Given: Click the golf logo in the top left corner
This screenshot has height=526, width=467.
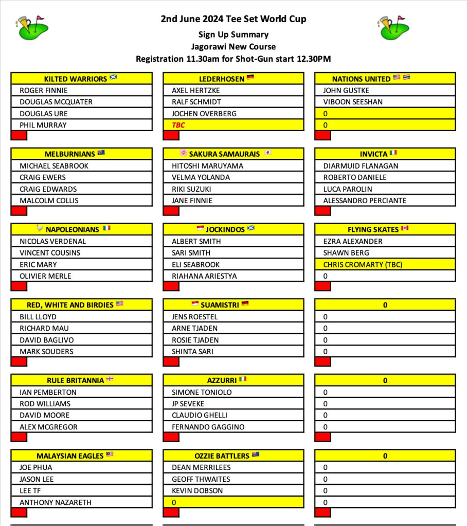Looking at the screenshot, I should pos(32,28).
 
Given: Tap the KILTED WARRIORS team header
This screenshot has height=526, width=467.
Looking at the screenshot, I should pos(81,79).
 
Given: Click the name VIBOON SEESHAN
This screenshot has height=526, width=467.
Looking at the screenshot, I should pos(353,102).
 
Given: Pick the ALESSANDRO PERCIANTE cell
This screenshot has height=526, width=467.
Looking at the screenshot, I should pos(365,201).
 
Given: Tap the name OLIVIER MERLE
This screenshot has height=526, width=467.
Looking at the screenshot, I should pos(45,276).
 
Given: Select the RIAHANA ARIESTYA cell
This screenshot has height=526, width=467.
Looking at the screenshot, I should pos(204,276).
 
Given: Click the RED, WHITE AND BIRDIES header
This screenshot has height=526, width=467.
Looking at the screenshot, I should pos(70,305).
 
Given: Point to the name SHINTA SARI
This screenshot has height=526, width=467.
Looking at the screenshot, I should pos(192,352).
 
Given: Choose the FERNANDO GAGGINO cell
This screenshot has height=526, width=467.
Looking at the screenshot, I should pos(208,427).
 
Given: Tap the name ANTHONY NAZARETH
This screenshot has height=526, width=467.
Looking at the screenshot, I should pos(56,502).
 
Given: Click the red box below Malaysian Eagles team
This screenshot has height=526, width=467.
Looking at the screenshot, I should pos(20,513).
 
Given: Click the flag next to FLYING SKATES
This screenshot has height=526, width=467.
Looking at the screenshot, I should pos(404,229).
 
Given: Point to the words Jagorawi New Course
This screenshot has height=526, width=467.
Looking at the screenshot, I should pos(233,47).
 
